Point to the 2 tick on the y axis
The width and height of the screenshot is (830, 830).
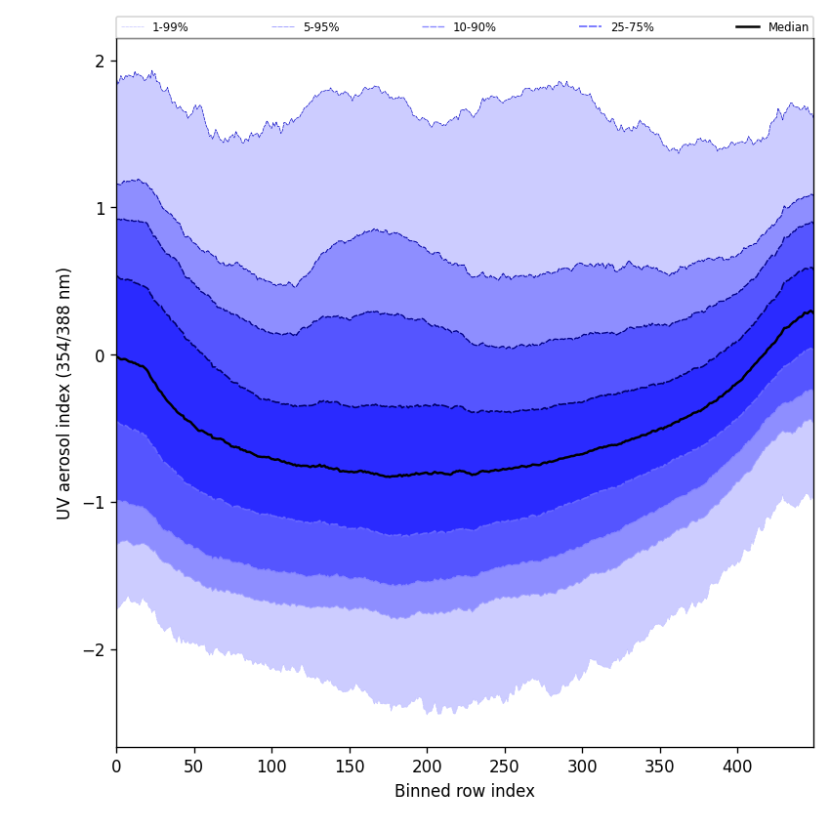pos(100,61)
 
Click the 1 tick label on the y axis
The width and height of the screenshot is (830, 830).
pos(100,208)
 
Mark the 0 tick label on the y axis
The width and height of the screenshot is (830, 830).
pos(100,355)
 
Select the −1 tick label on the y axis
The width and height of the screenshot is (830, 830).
pos(95,503)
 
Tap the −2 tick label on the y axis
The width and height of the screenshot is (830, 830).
pos(95,650)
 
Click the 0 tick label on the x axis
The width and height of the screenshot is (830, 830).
pos(116,767)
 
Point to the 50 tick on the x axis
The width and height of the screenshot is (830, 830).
pos(194,767)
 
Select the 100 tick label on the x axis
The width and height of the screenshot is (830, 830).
pos(271,767)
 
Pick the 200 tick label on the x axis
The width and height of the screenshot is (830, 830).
pos(427,767)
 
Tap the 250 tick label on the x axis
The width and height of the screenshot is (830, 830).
pos(505,767)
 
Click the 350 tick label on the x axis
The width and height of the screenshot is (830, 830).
pos(660,767)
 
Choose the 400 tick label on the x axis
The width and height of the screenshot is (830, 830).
pos(737,767)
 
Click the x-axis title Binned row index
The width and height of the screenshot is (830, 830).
pos(465,792)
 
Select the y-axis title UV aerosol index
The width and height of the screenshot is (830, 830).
pos(64,393)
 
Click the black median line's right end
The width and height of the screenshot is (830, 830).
pos(811,311)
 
